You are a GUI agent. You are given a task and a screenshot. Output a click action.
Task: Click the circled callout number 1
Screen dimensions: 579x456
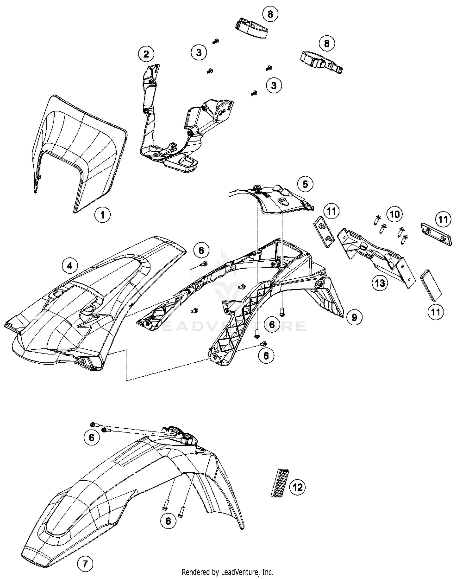tap(102, 215)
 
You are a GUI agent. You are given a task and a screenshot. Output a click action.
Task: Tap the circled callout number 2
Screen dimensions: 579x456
tap(146, 54)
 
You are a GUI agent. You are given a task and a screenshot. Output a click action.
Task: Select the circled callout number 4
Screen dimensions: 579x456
tap(70, 266)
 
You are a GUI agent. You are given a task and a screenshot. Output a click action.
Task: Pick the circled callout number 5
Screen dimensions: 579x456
tap(305, 184)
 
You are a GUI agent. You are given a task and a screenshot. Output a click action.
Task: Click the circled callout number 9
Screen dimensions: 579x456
tap(354, 317)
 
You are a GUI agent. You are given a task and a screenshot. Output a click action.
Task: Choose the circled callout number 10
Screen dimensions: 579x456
tap(394, 214)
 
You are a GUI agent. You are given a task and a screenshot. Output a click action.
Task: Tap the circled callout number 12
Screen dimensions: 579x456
tap(298, 487)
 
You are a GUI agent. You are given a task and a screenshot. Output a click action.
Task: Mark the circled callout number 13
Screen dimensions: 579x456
tap(380, 283)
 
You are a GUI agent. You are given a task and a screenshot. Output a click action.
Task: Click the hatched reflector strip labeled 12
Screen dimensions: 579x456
tap(280, 483)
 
